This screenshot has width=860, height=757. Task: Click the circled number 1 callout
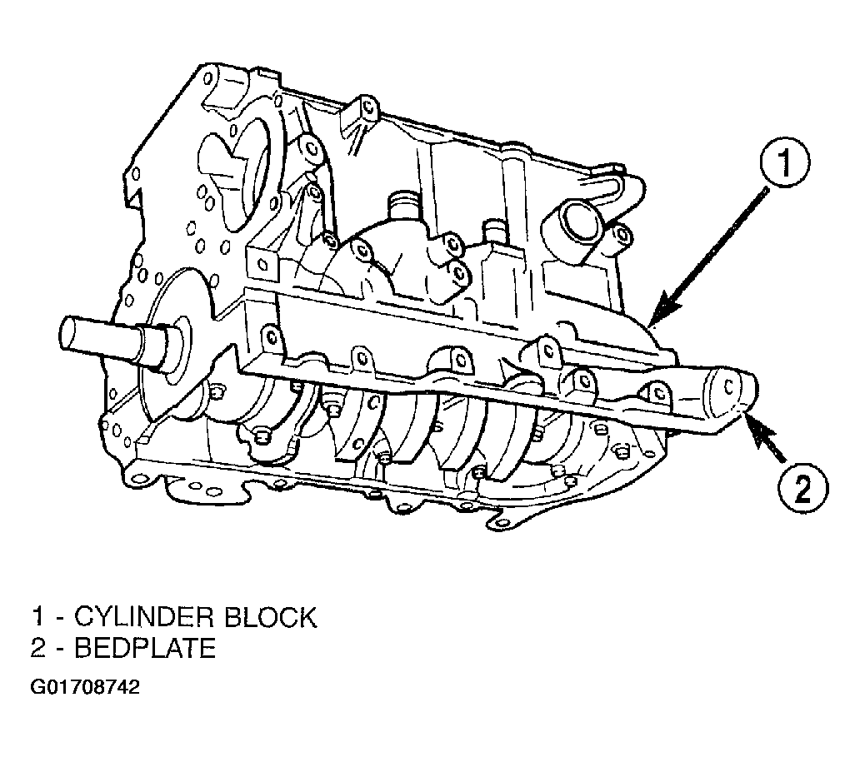pyautogui.click(x=785, y=162)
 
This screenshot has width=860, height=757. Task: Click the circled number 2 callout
pyautogui.click(x=803, y=488)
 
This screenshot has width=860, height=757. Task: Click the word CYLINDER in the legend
pyautogui.click(x=142, y=617)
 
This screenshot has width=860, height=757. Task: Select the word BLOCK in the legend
pyautogui.click(x=270, y=617)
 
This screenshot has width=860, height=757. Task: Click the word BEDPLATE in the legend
pyautogui.click(x=145, y=648)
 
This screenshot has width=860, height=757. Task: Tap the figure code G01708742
pyautogui.click(x=85, y=687)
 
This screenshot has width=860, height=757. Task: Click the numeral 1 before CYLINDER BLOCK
pyautogui.click(x=37, y=617)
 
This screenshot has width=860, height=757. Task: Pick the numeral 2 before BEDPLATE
pyautogui.click(x=37, y=648)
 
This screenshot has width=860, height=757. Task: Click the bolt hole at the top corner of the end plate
pyautogui.click(x=207, y=77)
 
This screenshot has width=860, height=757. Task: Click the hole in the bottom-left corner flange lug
pyautogui.click(x=141, y=478)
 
